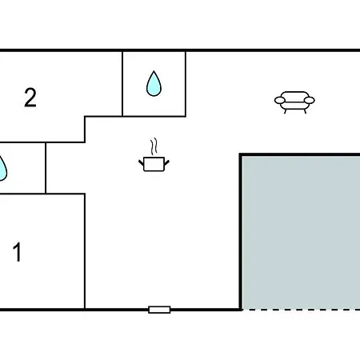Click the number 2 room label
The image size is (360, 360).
[x=30, y=98]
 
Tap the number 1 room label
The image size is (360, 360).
[x=18, y=252]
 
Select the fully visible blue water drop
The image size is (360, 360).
[x=154, y=83]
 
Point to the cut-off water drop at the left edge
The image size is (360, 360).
[x=2, y=169]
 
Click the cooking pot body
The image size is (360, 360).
[x=154, y=164]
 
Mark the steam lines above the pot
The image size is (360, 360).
[x=154, y=146]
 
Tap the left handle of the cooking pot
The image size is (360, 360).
[x=141, y=162]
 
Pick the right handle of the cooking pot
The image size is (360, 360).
[x=166, y=162]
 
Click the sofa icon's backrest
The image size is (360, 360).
[x=294, y=95]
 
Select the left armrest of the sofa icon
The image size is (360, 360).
[x=280, y=100]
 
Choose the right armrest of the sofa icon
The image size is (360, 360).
[x=310, y=100]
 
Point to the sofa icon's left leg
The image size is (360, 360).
[x=286, y=111]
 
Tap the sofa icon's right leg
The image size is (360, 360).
[x=305, y=111]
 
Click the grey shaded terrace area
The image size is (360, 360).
[x=301, y=233]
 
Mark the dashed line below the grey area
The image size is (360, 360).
[x=301, y=310]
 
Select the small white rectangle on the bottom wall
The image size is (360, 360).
[x=159, y=310]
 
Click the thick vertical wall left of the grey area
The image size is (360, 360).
[x=241, y=232]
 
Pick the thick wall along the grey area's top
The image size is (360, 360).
[x=300, y=154]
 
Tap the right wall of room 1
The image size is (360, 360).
[x=85, y=251]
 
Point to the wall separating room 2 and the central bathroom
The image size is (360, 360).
[x=122, y=84]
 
